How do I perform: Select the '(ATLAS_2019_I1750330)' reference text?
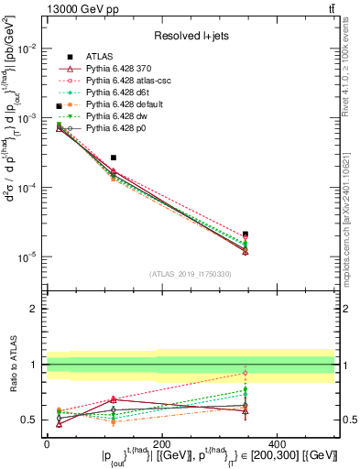point(190,274)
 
